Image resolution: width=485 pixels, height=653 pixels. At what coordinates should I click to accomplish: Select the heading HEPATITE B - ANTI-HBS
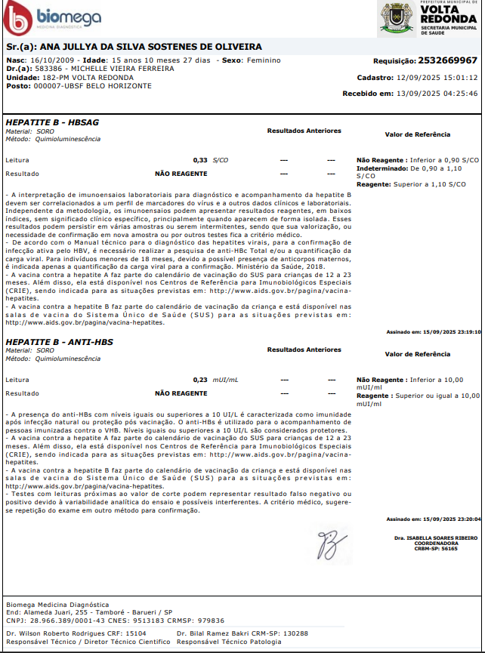click(60, 342)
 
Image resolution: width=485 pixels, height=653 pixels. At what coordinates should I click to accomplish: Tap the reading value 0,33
click(200, 161)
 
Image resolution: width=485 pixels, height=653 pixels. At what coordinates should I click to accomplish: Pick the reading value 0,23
click(200, 380)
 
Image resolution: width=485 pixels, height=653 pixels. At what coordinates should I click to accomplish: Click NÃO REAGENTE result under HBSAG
click(181, 174)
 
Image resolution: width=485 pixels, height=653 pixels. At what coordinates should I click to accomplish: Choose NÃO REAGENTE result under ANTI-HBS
click(181, 393)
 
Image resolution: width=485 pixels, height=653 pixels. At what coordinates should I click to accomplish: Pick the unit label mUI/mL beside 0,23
click(225, 380)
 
